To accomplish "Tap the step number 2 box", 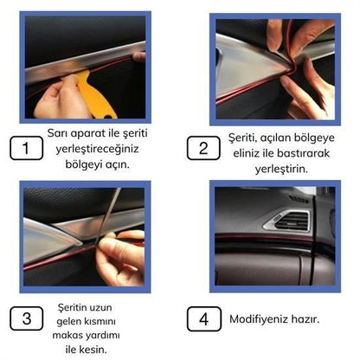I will point(203,148).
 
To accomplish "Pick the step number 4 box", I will point(203,318).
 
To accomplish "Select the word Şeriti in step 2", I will point(245,137).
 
